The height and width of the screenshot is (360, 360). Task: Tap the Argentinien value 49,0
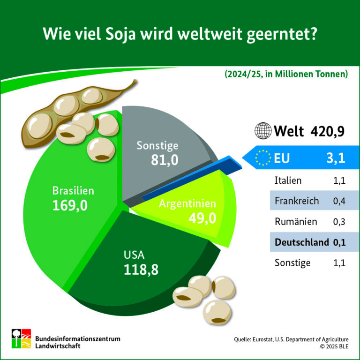pyautogui.click(x=202, y=218)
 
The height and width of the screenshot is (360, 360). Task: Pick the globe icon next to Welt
pyautogui.click(x=263, y=131)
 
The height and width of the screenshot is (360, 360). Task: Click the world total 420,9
pyautogui.click(x=328, y=131)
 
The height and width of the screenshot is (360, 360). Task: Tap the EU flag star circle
pyautogui.click(x=262, y=157)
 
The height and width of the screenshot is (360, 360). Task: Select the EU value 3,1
pyautogui.click(x=336, y=158)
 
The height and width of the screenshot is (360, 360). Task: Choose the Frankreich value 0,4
pyautogui.click(x=339, y=201)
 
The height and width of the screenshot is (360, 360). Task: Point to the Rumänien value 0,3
pyautogui.click(x=339, y=222)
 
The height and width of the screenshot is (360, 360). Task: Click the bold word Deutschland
pyautogui.click(x=301, y=242)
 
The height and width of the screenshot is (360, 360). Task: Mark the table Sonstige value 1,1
pyautogui.click(x=339, y=263)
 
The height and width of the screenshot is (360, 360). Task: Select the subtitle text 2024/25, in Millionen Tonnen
pyautogui.click(x=285, y=75)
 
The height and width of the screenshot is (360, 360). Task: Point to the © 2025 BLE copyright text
pyautogui.click(x=334, y=346)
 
